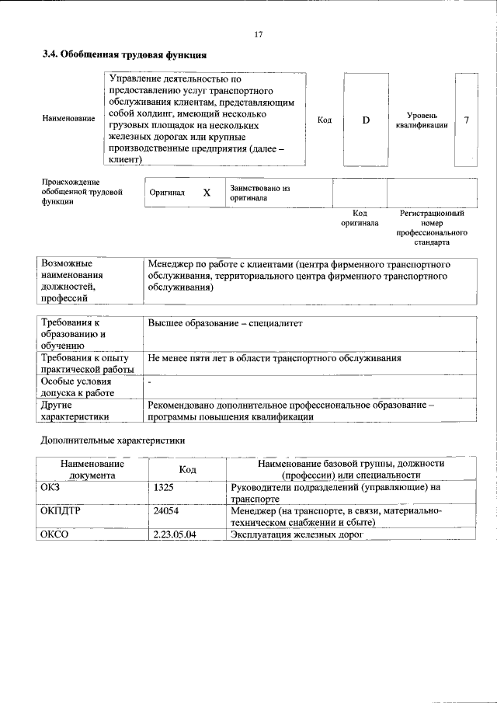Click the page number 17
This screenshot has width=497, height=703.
259,34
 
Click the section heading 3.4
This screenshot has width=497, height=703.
123,55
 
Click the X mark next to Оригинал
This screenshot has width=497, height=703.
207,193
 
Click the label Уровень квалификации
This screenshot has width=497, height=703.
421,120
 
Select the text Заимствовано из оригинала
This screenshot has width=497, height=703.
259,193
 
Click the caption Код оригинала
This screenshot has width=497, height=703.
360,218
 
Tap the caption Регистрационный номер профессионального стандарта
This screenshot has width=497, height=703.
432,227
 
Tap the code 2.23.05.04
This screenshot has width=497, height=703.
175,534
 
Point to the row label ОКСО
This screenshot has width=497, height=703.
55,534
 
